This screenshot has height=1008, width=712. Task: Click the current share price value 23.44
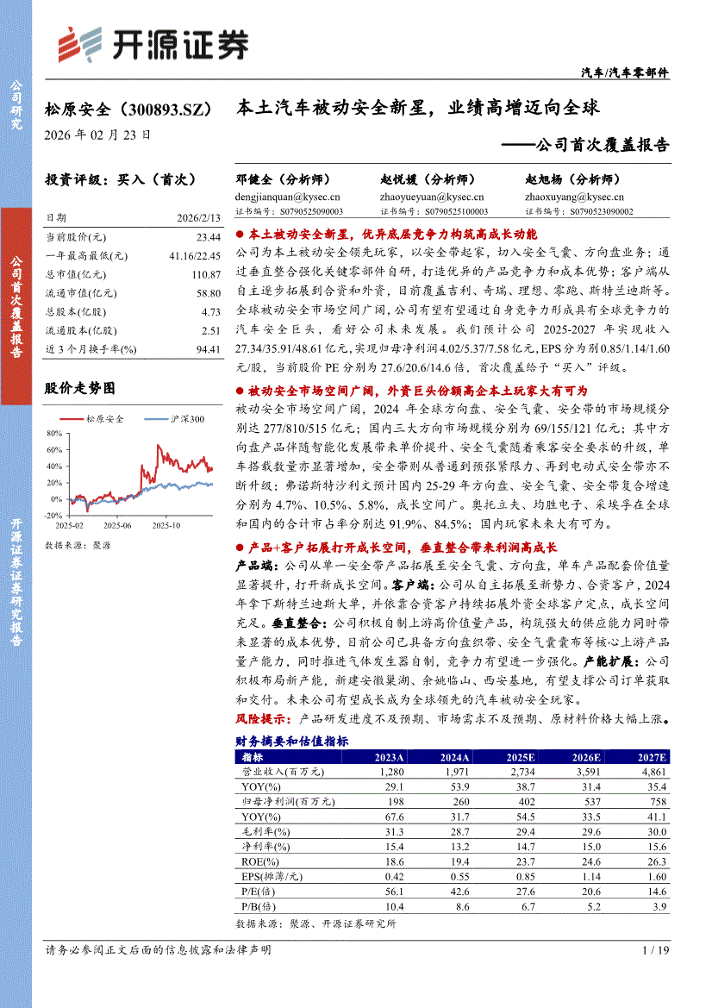click(208, 236)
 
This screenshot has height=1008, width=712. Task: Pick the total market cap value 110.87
click(205, 274)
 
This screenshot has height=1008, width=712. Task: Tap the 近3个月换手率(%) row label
click(91, 349)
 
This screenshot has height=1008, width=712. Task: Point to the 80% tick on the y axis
click(54, 434)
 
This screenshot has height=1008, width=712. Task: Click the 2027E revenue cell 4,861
click(651, 772)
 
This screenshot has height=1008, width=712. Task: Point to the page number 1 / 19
click(656, 949)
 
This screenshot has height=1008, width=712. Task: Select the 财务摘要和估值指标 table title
click(292, 741)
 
